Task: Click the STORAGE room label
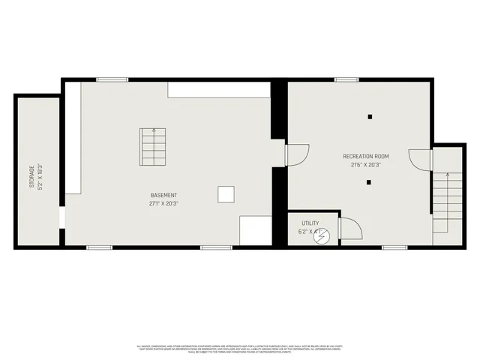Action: coord(31,176)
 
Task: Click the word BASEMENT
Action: coord(163,195)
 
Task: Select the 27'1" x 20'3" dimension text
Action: coord(163,202)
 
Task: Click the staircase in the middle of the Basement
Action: coord(152,147)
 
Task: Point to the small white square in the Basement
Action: coord(226,194)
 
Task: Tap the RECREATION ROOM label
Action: coord(365,156)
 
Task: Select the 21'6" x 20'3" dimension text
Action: coord(365,164)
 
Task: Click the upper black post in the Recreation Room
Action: coord(369,116)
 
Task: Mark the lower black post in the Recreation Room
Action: coord(368,182)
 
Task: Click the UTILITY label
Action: coord(310,223)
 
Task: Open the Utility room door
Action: coord(349,228)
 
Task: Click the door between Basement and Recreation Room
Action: coord(295,154)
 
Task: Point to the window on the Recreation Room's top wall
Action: coord(346,79)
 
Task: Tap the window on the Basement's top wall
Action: coord(112,79)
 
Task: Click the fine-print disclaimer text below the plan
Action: coord(239,348)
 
